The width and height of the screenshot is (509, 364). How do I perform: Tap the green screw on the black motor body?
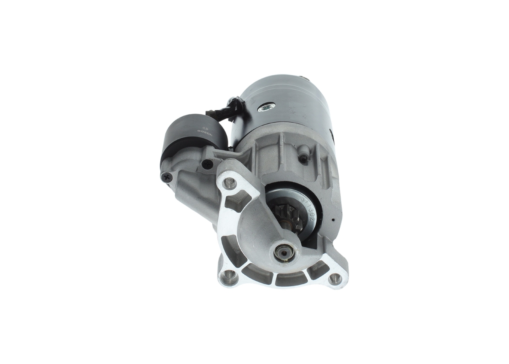click(x=266, y=107)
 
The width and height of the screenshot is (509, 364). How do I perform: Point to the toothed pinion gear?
click(x=288, y=217)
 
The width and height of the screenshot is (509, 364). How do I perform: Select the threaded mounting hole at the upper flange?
click(x=229, y=183)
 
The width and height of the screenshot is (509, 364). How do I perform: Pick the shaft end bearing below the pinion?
click(x=285, y=252)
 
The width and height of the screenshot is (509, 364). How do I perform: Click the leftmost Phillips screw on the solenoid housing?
click(x=166, y=176)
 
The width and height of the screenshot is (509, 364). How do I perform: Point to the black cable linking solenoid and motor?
click(x=223, y=111)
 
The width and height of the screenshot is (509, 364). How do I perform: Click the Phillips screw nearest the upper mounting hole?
click(x=207, y=164)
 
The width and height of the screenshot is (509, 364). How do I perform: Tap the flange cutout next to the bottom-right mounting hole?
click(x=318, y=270)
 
